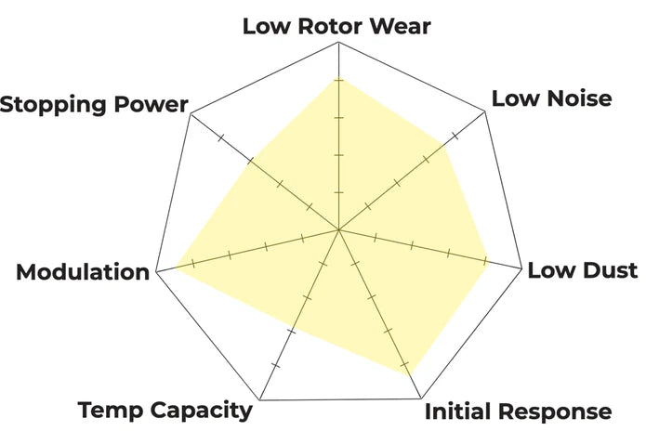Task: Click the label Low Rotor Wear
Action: point(336,26)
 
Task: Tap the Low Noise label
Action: point(551,98)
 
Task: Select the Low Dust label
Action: point(582,270)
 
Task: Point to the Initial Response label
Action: point(518,411)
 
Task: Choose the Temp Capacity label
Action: point(165,411)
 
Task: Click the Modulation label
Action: point(83,273)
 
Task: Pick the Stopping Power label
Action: point(94,104)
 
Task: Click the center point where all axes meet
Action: point(339,229)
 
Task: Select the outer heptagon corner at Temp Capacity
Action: point(259,400)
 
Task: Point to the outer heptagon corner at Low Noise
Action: point(488,113)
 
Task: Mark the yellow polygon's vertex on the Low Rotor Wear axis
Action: point(339,80)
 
